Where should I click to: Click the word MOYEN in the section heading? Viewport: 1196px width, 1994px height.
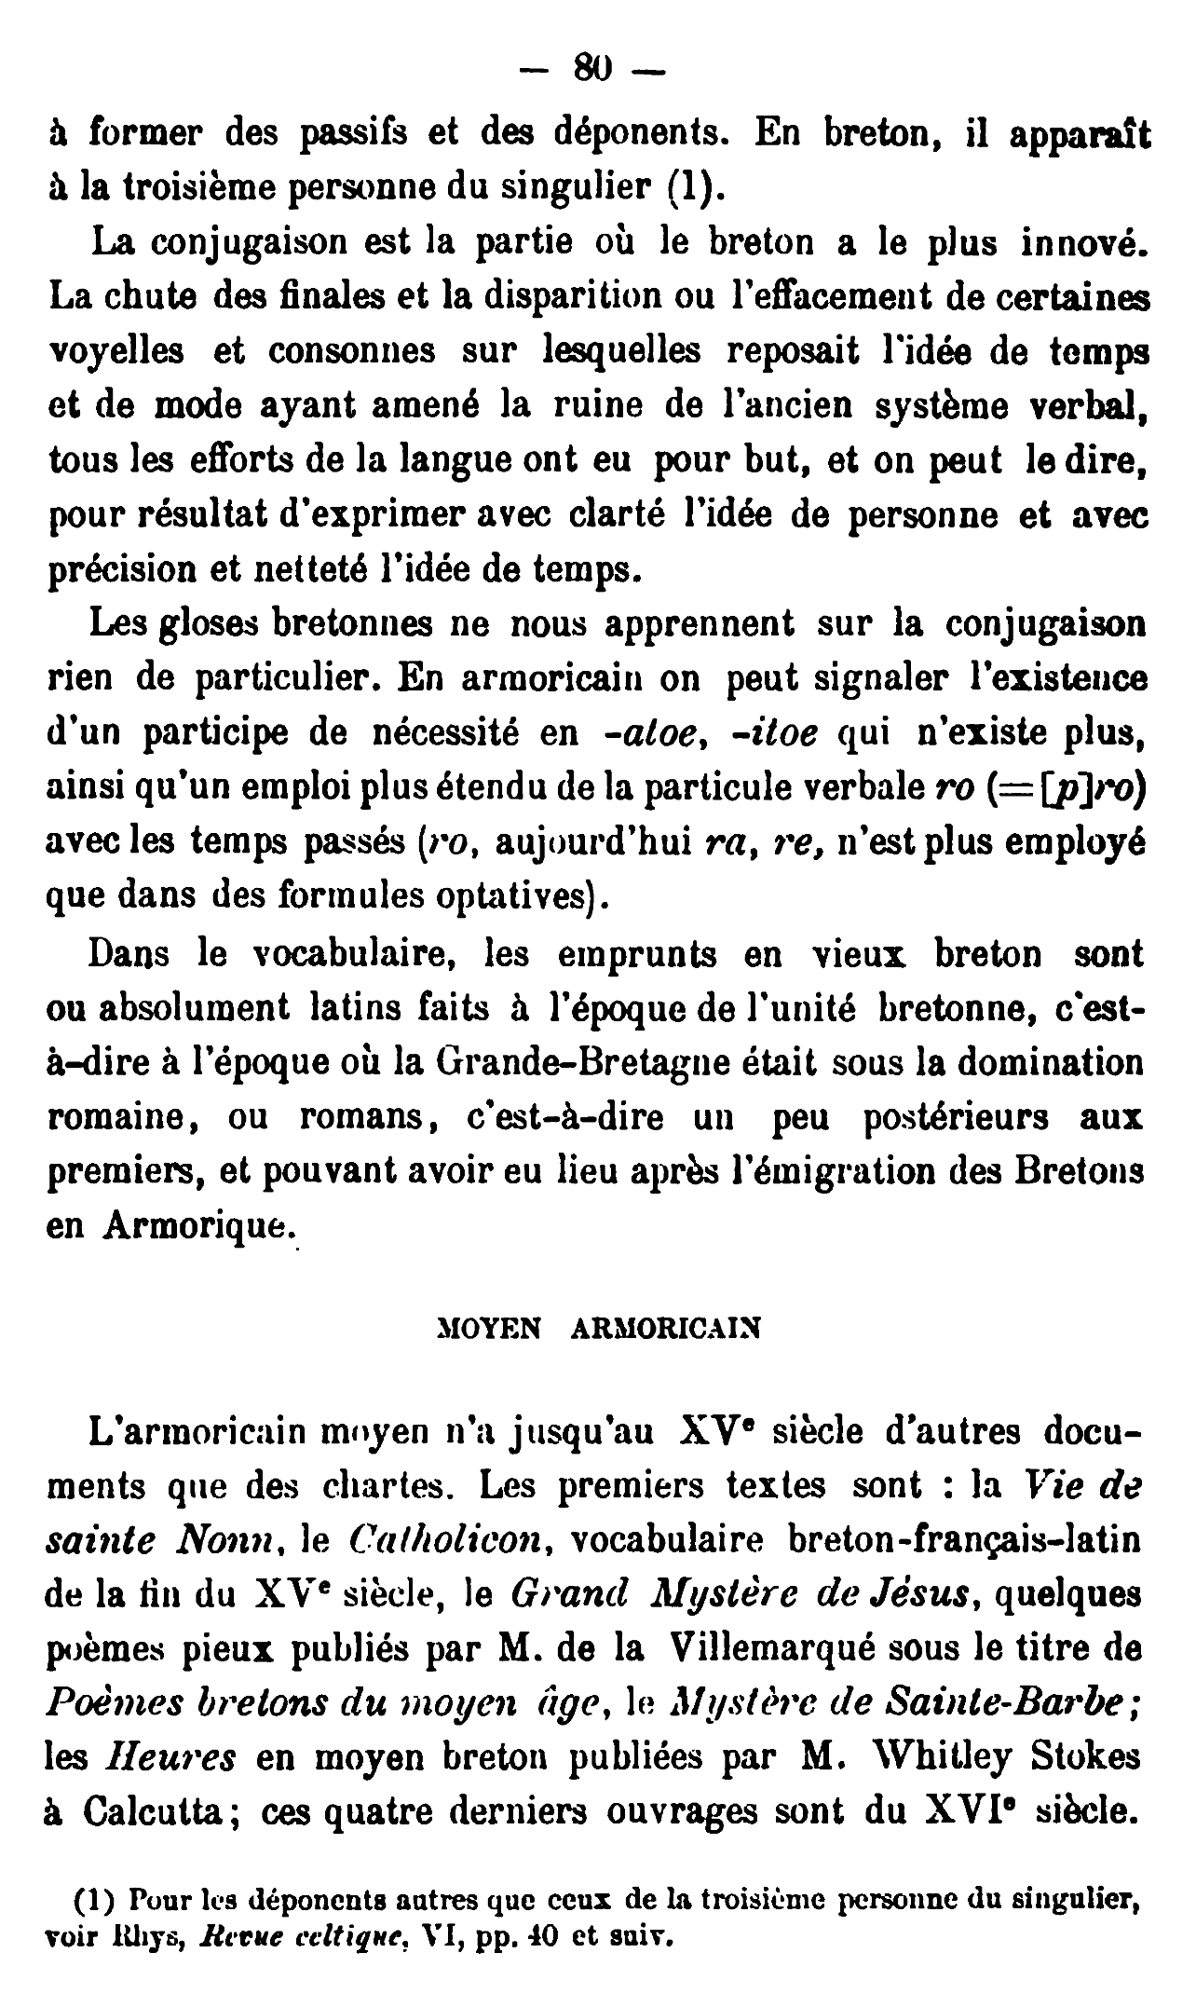(490, 1328)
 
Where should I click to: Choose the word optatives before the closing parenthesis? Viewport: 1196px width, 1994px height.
(519, 895)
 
